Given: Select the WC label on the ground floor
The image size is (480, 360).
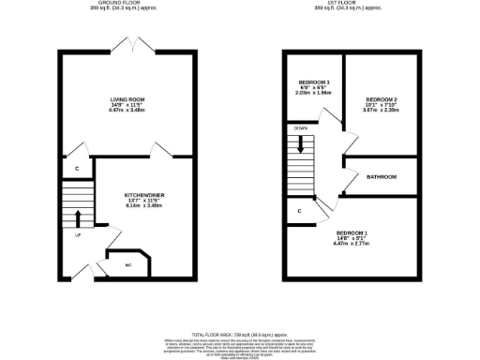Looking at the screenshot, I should (127, 264).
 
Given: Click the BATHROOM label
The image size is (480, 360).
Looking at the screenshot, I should (382, 177).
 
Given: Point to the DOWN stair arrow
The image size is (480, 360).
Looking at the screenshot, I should (300, 144).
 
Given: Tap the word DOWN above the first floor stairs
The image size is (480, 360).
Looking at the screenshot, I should (300, 127).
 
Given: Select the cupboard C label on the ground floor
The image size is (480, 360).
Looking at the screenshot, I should (77, 169).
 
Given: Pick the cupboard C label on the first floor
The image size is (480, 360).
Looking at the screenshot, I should (299, 211).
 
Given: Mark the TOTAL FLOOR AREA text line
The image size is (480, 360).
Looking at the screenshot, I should (239, 334).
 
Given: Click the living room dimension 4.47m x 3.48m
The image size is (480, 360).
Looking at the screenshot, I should (127, 111).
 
